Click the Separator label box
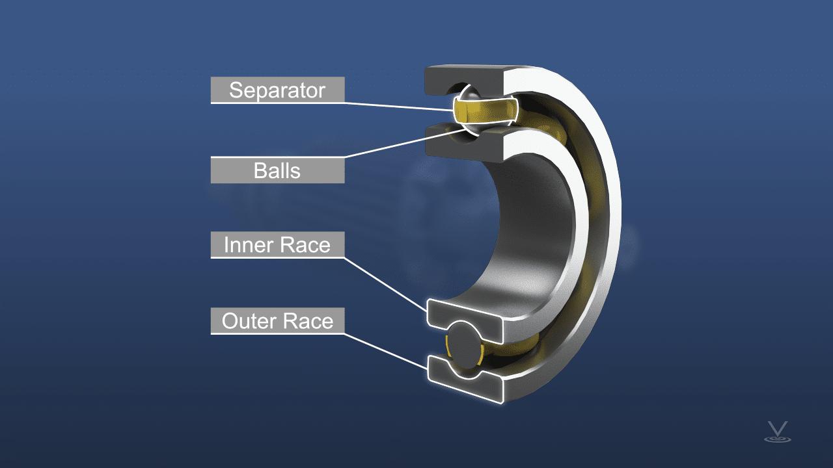point(277,90)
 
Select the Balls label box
point(277,171)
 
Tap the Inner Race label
point(277,245)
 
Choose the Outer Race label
point(277,321)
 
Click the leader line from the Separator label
point(397,106)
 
